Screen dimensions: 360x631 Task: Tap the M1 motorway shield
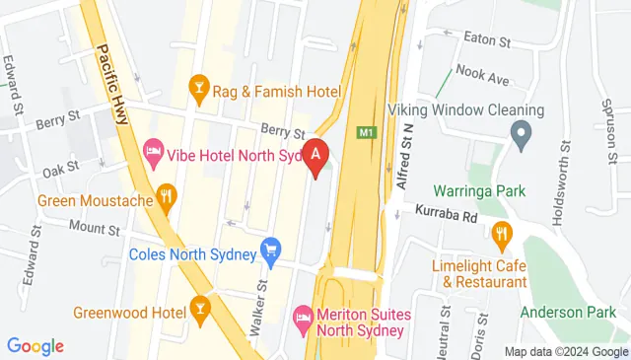(368, 131)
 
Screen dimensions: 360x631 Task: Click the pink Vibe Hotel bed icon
(153, 152)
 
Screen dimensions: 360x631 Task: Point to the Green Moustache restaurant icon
(166, 199)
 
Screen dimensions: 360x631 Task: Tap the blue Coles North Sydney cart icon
(269, 252)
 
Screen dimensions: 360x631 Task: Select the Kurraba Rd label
(445, 212)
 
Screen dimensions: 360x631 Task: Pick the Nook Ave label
(482, 78)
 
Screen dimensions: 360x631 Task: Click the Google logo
(35, 346)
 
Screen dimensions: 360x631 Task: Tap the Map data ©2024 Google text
(566, 352)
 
